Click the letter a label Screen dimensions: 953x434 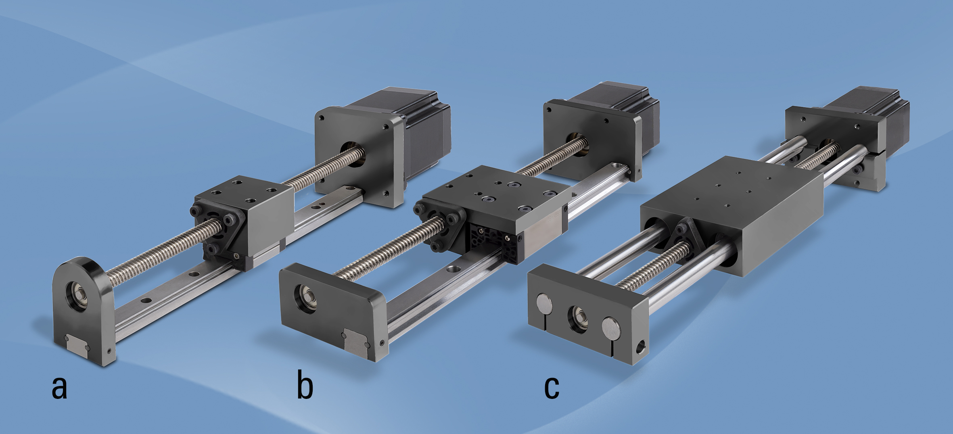click(x=59, y=388)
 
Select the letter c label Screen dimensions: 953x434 click(x=552, y=388)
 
